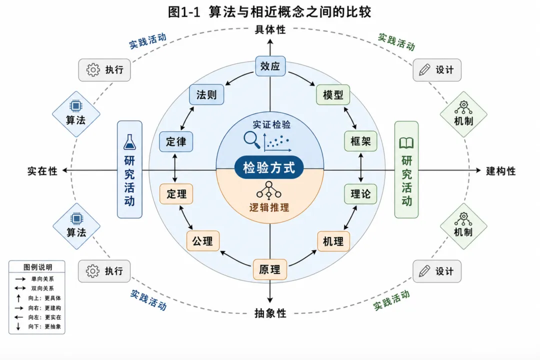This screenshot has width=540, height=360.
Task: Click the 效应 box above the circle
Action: (x=270, y=66)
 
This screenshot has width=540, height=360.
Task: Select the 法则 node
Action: (x=206, y=94)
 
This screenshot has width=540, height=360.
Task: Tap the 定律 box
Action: (x=176, y=141)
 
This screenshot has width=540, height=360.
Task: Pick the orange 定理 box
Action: (x=176, y=194)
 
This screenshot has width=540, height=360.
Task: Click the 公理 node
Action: (x=203, y=241)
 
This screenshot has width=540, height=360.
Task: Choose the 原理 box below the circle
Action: (x=270, y=269)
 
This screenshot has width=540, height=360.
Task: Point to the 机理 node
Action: (x=333, y=241)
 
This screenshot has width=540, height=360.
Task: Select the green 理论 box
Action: (x=360, y=194)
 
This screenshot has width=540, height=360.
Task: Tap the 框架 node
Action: (x=360, y=141)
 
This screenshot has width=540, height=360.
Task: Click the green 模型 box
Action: (x=333, y=94)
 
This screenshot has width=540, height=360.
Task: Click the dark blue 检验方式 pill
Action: (x=269, y=168)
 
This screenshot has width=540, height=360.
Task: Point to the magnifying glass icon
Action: (x=251, y=140)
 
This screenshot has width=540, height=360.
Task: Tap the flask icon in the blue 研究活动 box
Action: (x=130, y=142)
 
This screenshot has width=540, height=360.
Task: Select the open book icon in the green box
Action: (x=406, y=143)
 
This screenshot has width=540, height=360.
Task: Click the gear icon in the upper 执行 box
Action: (x=93, y=70)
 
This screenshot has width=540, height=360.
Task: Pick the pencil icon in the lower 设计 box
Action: (x=424, y=271)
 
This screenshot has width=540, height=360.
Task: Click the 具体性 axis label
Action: (x=270, y=29)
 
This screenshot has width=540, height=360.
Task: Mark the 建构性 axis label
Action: (x=500, y=171)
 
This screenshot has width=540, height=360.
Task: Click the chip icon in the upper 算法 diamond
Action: (x=76, y=106)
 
